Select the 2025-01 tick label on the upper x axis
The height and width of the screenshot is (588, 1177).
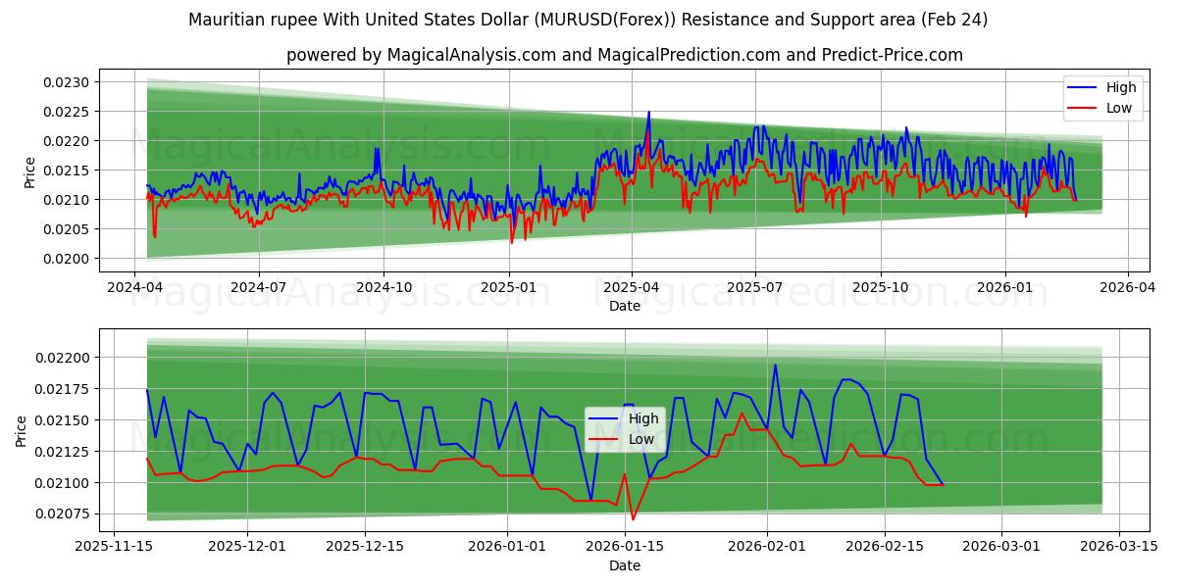tap(508, 289)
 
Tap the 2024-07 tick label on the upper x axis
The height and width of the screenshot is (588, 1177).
tap(259, 289)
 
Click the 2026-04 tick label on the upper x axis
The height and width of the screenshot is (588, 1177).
tap(1126, 289)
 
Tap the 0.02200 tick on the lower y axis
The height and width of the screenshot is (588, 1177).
tap(65, 358)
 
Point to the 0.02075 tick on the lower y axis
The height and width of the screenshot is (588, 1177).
tap(65, 514)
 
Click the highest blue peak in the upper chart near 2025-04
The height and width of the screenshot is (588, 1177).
tap(648, 113)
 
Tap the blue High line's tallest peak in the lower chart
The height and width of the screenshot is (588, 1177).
tap(775, 366)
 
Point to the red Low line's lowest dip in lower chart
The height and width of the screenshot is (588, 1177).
tap(633, 519)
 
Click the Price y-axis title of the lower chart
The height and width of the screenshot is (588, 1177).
tap(22, 431)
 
